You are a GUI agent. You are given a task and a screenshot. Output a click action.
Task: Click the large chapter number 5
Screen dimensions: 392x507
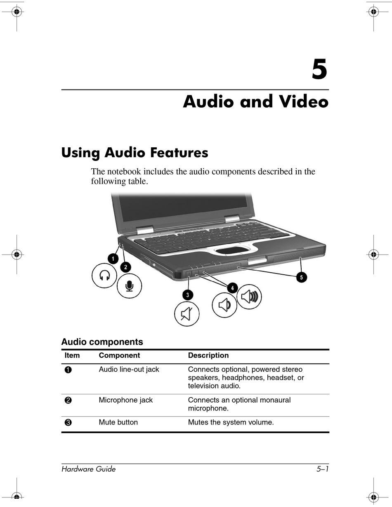tap(319, 70)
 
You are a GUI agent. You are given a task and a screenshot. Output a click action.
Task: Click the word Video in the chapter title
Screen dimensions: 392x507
tap(304, 102)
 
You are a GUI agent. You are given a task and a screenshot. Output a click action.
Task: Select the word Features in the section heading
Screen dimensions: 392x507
tap(179, 153)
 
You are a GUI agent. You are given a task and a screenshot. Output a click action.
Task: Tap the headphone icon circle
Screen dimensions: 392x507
tap(104, 275)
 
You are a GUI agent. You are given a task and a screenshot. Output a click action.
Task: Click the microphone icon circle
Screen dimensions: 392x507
tap(129, 285)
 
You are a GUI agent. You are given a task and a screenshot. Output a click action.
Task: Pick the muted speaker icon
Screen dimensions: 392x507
tap(187, 314)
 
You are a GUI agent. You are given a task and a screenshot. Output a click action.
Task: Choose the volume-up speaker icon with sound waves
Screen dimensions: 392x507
tap(249, 297)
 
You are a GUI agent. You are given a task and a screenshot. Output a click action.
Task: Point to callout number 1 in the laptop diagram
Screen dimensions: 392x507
tap(111, 259)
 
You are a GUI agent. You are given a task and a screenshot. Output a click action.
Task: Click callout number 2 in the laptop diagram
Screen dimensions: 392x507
tap(125, 267)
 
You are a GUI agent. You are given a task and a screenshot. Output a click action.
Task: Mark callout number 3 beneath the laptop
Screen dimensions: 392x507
tap(188, 295)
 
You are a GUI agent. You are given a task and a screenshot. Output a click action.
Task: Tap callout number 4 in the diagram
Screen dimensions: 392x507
tap(232, 288)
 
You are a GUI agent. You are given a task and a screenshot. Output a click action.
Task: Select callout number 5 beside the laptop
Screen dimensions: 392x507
tap(301, 278)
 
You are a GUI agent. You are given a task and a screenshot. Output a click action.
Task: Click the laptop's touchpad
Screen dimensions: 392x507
tap(234, 250)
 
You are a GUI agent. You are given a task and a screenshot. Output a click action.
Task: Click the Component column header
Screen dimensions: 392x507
tap(119, 356)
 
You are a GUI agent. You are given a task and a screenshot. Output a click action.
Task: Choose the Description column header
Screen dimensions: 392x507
tap(208, 356)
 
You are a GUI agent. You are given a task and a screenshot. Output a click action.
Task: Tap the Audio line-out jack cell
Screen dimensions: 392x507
tap(129, 370)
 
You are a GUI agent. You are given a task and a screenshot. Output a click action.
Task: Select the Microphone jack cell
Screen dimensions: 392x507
tap(125, 400)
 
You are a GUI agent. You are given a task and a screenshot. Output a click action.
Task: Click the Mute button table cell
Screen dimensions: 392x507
tap(118, 422)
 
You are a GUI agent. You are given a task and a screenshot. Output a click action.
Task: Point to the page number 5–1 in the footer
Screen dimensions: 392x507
tap(322, 469)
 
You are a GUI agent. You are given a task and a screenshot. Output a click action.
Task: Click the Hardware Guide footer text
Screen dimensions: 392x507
tap(88, 469)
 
